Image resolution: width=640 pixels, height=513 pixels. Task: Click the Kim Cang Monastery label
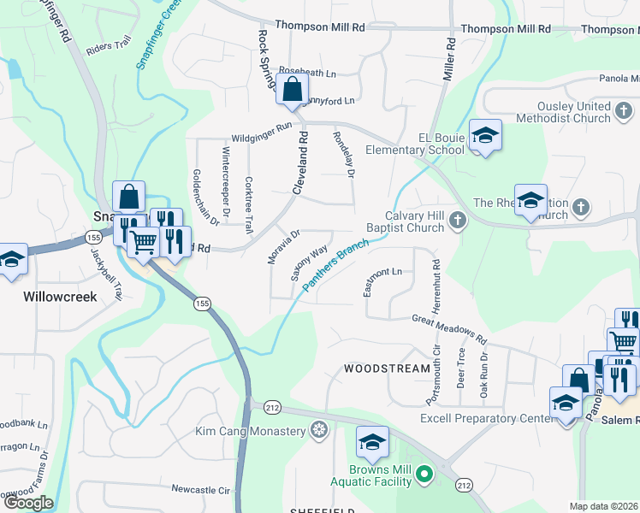(251, 429)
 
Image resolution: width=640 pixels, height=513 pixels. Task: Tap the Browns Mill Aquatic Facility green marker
(422, 473)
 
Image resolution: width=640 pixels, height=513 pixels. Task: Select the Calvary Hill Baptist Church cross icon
(458, 221)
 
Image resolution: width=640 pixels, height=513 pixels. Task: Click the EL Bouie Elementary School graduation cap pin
(485, 136)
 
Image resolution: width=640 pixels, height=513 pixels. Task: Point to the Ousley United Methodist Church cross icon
(624, 111)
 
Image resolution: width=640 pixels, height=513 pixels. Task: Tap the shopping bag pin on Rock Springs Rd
(292, 88)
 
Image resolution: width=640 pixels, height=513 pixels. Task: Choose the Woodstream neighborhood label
(387, 369)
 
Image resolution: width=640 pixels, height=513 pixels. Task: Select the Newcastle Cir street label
(201, 490)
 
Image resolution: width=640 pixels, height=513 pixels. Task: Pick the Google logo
(28, 503)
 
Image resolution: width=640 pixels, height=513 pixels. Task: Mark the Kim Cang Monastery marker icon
(320, 428)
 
